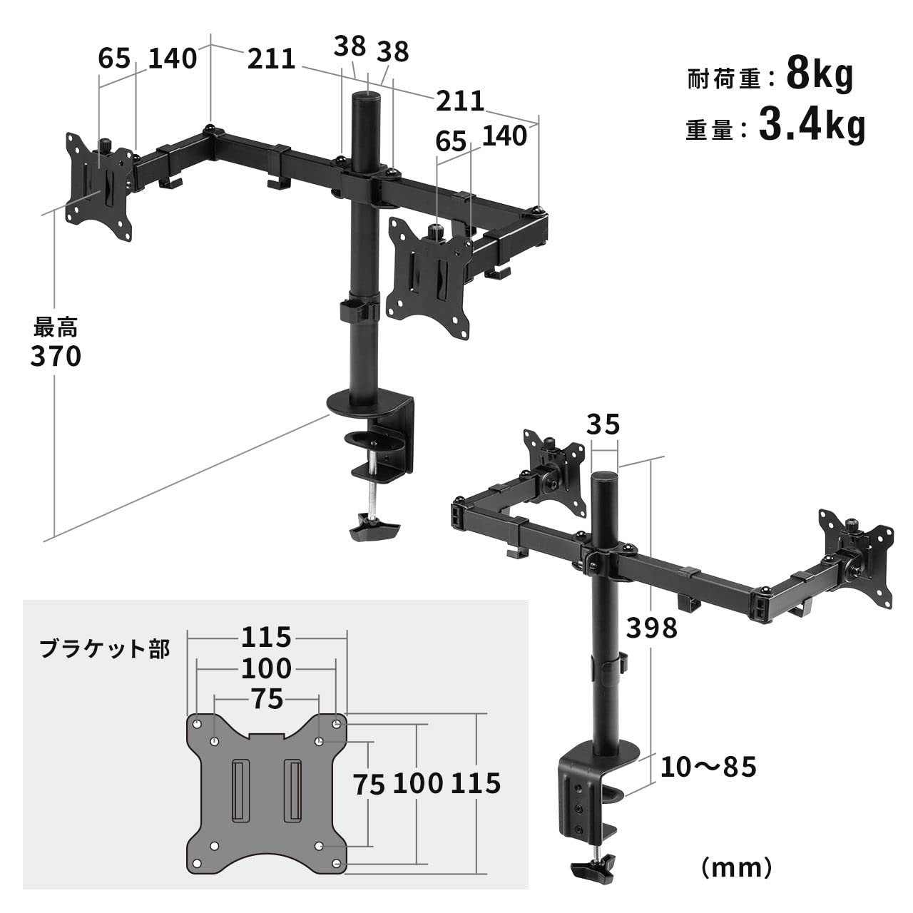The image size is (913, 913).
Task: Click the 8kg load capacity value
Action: (x=820, y=74)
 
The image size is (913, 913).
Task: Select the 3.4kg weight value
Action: (x=812, y=126)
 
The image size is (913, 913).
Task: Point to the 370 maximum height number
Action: (x=56, y=356)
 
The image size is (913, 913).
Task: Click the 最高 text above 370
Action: (x=56, y=329)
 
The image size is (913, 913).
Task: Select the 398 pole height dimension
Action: (x=651, y=628)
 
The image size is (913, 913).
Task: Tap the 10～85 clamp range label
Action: (x=708, y=767)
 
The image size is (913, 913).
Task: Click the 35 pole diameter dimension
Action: (x=603, y=425)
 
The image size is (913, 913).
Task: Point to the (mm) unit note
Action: (x=736, y=867)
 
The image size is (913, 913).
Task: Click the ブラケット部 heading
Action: (x=104, y=649)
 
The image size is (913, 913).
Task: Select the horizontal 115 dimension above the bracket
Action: (x=266, y=636)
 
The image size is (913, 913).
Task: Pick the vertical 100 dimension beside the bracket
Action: (x=417, y=783)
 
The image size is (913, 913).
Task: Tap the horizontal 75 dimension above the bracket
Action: (x=266, y=699)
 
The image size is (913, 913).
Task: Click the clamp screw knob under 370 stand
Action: (x=373, y=529)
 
